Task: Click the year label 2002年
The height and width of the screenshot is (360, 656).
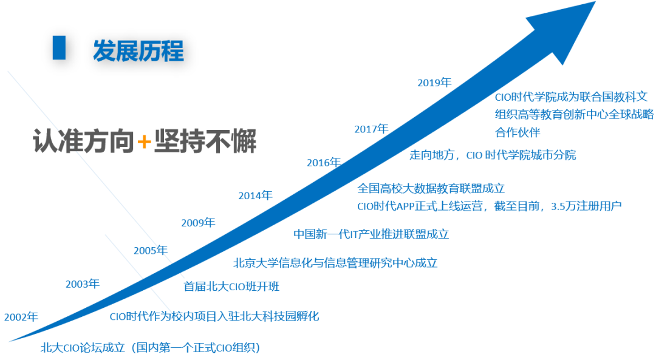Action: (21, 317)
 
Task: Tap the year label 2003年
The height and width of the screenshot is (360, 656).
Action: (83, 284)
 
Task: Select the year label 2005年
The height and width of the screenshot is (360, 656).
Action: (151, 251)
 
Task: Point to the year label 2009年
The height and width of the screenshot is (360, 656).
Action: (198, 223)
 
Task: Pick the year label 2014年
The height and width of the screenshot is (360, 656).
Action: (255, 195)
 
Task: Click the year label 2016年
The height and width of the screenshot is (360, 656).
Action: (324, 163)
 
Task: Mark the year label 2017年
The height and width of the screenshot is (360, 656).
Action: (372, 129)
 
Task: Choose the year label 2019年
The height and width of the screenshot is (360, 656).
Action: (434, 83)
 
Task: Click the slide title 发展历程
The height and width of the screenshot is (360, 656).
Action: (138, 51)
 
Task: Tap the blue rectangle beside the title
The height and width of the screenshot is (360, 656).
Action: (59, 48)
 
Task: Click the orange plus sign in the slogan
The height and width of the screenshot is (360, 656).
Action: (144, 141)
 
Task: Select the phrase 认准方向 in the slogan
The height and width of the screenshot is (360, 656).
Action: (84, 141)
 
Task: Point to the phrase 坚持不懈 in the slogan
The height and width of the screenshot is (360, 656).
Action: (205, 141)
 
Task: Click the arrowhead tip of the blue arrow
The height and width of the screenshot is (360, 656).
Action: (595, 2)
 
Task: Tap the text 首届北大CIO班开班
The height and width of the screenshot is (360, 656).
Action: (231, 287)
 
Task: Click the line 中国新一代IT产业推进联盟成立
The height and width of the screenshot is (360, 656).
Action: (371, 234)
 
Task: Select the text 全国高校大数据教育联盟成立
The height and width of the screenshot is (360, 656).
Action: (431, 189)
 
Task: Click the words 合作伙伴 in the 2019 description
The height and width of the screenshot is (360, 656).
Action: (518, 132)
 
